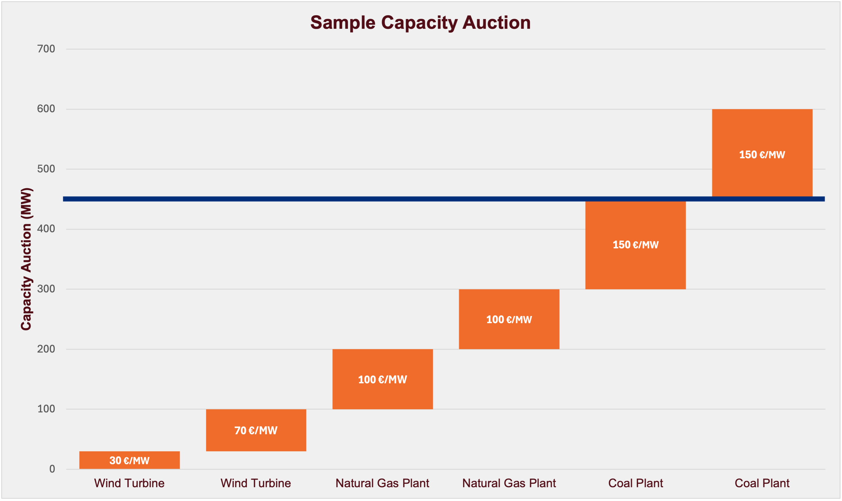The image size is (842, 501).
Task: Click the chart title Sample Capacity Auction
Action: tap(420, 23)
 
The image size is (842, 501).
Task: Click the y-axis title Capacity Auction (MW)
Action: tap(26, 259)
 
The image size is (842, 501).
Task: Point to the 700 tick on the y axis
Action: tap(46, 49)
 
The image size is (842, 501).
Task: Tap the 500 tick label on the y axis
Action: tap(46, 169)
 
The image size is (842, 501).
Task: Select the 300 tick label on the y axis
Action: tap(46, 289)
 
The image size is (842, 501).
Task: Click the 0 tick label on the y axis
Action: tap(52, 469)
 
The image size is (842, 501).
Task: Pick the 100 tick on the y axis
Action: tap(46, 409)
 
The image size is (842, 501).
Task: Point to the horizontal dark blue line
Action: tap(338, 199)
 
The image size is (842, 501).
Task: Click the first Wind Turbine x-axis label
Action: tap(129, 483)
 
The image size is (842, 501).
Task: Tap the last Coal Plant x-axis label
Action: tap(762, 483)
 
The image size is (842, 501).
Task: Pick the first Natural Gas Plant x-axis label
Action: tap(382, 483)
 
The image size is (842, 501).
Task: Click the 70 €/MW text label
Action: tap(256, 430)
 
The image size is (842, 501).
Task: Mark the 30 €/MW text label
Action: tap(129, 460)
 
